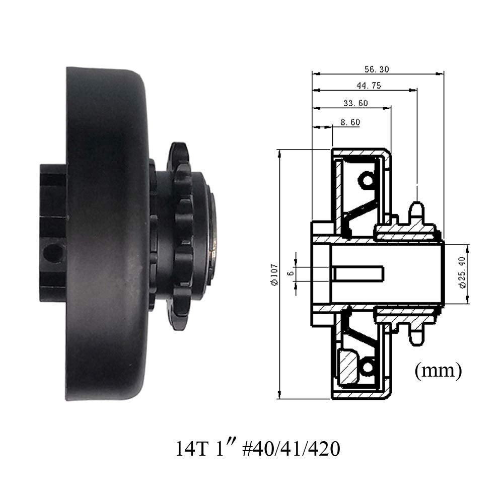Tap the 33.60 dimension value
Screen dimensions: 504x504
(355, 103)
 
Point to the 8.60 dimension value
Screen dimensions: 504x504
(350, 122)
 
